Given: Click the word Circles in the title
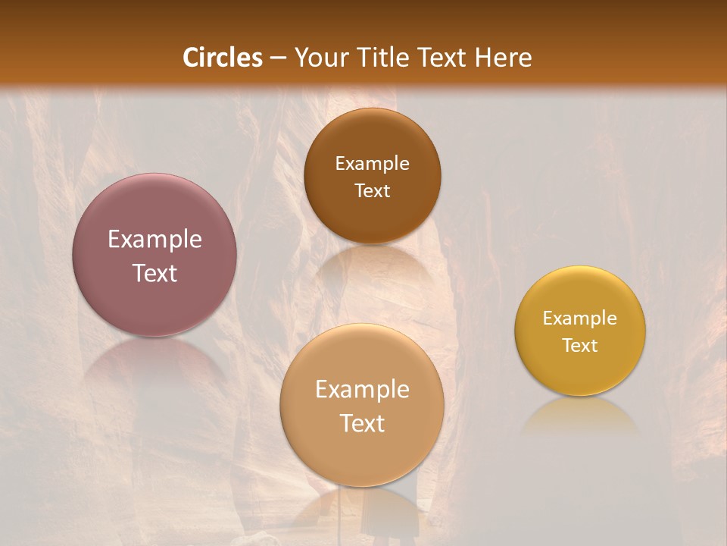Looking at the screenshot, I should coord(222,58).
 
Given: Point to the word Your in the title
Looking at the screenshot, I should coord(319,58).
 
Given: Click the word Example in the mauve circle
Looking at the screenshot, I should coord(154,240).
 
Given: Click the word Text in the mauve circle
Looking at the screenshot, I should coord(154,273).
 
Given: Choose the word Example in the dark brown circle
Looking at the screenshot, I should coord(372,164).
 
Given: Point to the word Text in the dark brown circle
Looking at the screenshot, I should coord(372,190).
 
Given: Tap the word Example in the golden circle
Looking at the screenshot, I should coord(580,318).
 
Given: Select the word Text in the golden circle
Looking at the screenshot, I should coord(580,346).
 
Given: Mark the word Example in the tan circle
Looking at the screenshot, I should coord(362,390).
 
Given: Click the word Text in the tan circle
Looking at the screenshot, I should coord(362,423).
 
